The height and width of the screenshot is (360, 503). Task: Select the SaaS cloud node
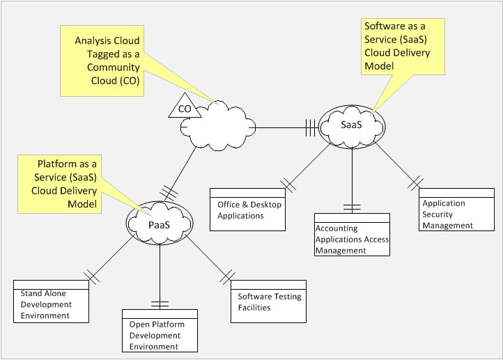tap(352, 125)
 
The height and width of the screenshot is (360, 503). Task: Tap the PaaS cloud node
tap(160, 224)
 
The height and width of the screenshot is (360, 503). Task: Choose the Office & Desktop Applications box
tap(247, 210)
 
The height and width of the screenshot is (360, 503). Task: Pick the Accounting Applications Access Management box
tap(352, 235)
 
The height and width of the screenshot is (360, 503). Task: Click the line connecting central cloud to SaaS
tap(286, 127)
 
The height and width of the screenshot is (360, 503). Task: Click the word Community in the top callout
tap(114, 68)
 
